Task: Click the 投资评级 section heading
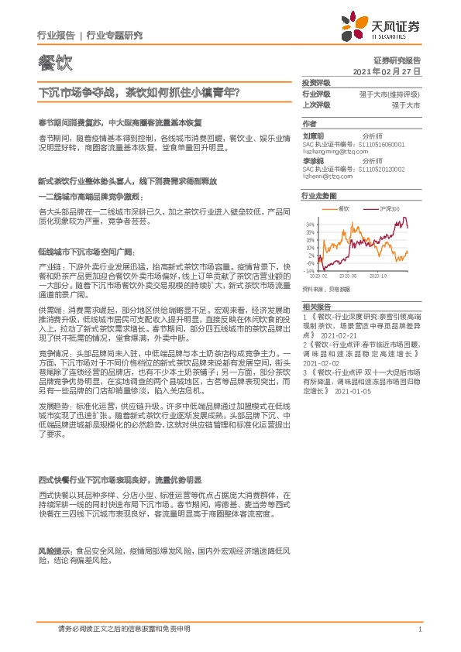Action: click(316, 82)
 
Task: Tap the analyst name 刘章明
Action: click(314, 133)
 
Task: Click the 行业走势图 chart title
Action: click(319, 196)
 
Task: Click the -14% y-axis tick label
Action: click(309, 271)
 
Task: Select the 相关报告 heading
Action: click(316, 307)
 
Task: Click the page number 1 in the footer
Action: click(419, 630)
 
